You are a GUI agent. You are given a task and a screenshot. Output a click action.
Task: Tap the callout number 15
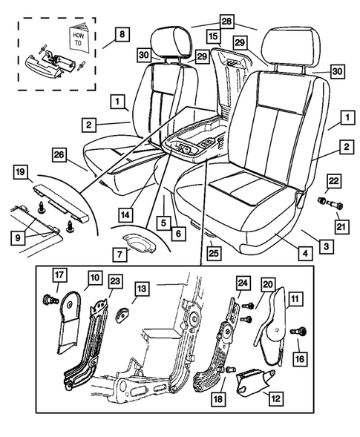pos(214,36)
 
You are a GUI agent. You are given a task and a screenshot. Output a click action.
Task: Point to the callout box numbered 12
pos(275,398)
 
